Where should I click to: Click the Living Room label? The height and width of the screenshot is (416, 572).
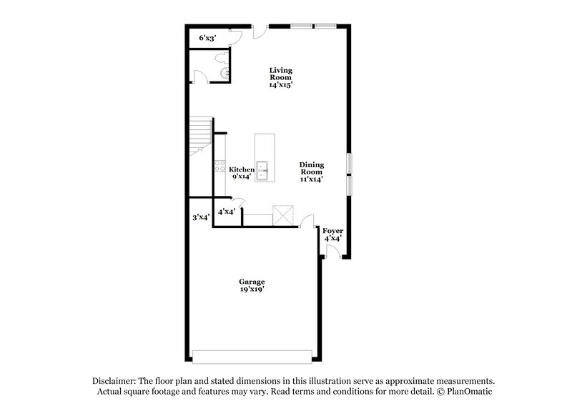click(x=281, y=77)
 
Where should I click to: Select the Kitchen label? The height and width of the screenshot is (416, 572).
click(x=242, y=172)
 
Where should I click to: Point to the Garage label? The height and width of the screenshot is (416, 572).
click(x=252, y=285)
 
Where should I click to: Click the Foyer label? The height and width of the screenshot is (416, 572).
click(x=332, y=234)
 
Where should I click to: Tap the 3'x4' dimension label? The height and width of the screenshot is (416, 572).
click(x=200, y=217)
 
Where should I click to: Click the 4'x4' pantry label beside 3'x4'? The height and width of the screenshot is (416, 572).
click(x=227, y=211)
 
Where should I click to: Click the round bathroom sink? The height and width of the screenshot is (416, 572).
click(x=225, y=74)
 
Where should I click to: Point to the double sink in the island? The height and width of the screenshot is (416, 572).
click(x=264, y=170)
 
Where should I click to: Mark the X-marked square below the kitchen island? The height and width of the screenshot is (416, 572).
click(x=284, y=215)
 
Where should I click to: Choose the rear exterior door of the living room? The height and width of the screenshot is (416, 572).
click(x=261, y=30)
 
